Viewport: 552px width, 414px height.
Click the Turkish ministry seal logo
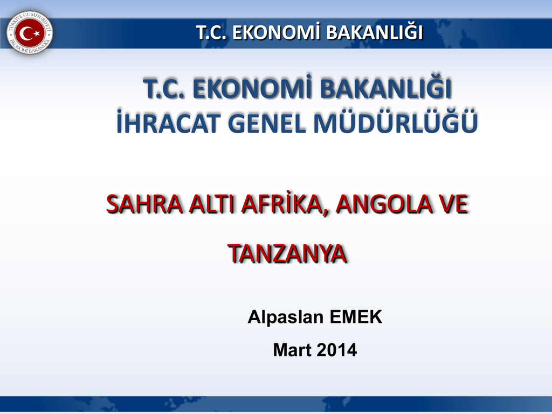pos(30,33)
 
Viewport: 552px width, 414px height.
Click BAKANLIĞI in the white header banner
pos(374,32)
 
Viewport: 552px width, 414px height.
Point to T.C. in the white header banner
pos(211,32)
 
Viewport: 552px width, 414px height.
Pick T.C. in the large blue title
pos(164,89)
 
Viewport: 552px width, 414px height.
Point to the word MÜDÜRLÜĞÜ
pos(395,122)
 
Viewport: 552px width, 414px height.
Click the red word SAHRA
pos(144,204)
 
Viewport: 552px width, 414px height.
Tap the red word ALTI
pos(211,204)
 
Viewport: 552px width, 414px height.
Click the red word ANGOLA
pos(383,204)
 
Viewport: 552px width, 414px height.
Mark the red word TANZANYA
pos(287,253)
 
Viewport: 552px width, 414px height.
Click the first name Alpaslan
pos(286,317)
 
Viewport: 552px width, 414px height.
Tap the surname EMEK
pos(356,317)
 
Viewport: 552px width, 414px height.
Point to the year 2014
pos(336,350)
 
